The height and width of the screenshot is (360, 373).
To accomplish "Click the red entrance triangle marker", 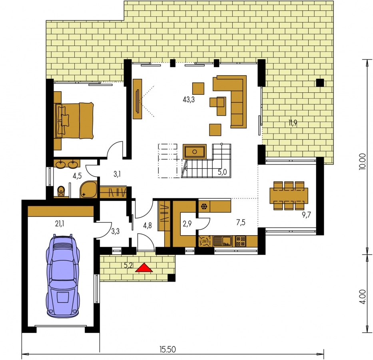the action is [144, 268].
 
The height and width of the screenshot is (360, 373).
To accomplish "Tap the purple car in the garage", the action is [63, 276].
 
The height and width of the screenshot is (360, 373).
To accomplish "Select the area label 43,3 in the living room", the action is [189, 100].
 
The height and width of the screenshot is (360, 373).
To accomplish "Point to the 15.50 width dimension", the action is [168, 350].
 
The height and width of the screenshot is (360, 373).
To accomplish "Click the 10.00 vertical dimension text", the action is [362, 161].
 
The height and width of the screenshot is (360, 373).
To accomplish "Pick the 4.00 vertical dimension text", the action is [362, 296].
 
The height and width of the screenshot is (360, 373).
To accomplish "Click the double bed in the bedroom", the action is [74, 120].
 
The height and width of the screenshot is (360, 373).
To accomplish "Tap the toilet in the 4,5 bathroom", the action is [61, 191].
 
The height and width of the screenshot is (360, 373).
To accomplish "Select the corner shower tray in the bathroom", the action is [88, 190].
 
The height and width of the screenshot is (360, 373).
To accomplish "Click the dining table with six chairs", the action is [289, 196].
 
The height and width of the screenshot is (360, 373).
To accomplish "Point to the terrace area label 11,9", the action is [293, 123].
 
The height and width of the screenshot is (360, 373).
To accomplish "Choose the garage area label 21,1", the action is [60, 224].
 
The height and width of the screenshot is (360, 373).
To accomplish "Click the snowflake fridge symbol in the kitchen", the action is [204, 206].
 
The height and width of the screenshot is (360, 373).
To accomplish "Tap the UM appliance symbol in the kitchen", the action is [204, 241].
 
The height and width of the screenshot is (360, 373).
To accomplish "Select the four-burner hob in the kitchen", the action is [241, 241].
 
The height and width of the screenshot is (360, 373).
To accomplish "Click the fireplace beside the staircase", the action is [194, 152].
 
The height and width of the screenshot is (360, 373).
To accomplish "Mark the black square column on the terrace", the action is [320, 82].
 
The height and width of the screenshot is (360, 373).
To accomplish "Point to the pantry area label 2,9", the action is [187, 224].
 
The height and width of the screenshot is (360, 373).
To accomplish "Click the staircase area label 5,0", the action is [222, 172].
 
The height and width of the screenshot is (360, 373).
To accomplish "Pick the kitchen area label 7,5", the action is [241, 222].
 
